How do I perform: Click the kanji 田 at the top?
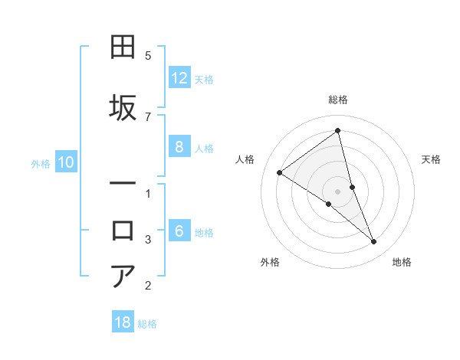coord(123,48)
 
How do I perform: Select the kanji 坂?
coord(123,108)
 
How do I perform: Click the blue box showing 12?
coord(179,78)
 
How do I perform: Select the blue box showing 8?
coord(179,148)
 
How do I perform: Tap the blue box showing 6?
coord(179,232)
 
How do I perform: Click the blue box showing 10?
coord(66,162)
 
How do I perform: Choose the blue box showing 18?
coord(123,322)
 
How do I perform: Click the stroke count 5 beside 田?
coord(148,56)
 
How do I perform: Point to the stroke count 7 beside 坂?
coord(148,116)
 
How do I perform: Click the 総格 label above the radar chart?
coord(338,100)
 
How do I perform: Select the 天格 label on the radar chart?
coord(431,159)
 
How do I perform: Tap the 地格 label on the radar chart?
coord(402,262)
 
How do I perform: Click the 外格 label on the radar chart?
coord(270,262)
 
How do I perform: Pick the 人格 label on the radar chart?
coord(245,159)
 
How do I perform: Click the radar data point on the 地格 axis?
coord(374,242)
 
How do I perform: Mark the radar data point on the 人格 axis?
coord(279,172)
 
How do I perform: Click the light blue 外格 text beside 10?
coord(41,163)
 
